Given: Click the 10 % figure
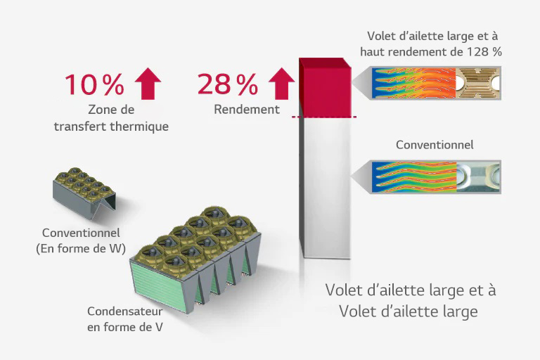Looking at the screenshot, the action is (94, 84).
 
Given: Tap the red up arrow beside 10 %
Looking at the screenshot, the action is (148, 84).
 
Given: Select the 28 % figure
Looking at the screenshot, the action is (228, 84).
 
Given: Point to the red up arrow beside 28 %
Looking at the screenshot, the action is (281, 84).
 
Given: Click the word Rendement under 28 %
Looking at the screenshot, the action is (247, 109).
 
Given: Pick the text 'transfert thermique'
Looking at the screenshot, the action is (111, 127).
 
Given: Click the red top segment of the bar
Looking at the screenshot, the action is (325, 87).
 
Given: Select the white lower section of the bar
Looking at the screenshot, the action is (325, 188).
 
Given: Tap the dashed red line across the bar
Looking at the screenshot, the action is (324, 117).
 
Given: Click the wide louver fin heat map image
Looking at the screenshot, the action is (436, 83).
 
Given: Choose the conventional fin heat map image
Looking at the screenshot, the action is (436, 176).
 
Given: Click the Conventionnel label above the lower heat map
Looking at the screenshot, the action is (435, 145).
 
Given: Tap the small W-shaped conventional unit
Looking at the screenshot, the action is (84, 193).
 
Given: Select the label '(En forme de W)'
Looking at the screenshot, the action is (81, 248).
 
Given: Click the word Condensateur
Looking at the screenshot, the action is (124, 311).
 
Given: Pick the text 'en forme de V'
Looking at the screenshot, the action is (125, 327).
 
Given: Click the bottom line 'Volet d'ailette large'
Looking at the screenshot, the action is (409, 311).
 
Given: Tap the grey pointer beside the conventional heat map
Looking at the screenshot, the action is (361, 176).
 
